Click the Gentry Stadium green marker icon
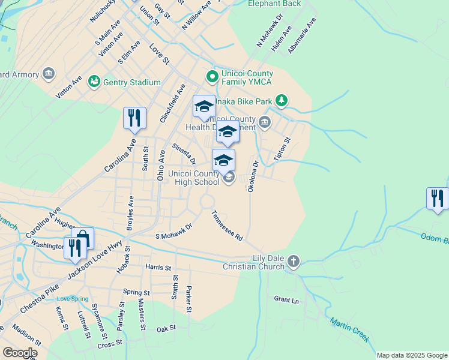(94, 81)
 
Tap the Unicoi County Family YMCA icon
(211, 76)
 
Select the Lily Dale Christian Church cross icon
(293, 261)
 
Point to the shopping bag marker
(82, 239)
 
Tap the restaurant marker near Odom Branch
(438, 199)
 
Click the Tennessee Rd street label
(227, 226)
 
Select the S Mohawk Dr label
(173, 232)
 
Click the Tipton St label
(282, 149)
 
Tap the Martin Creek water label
(349, 329)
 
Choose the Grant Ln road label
(286, 299)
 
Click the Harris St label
(158, 266)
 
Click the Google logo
(20, 353)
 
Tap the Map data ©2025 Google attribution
(412, 355)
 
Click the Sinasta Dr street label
(184, 154)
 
